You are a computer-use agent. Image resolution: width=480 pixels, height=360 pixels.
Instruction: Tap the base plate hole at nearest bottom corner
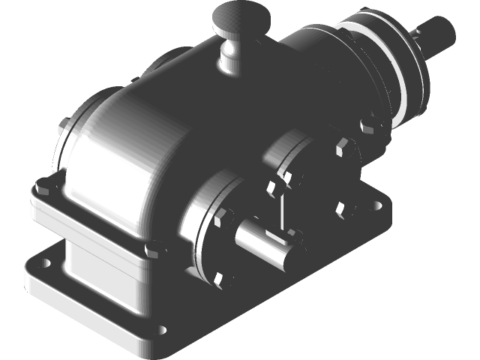click(162, 331)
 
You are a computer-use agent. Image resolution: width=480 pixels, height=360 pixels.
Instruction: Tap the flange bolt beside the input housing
click(368, 124)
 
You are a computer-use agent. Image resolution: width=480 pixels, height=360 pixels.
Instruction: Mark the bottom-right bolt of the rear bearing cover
click(342, 207)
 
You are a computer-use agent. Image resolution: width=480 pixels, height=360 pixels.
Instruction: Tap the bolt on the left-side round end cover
click(65, 127)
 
